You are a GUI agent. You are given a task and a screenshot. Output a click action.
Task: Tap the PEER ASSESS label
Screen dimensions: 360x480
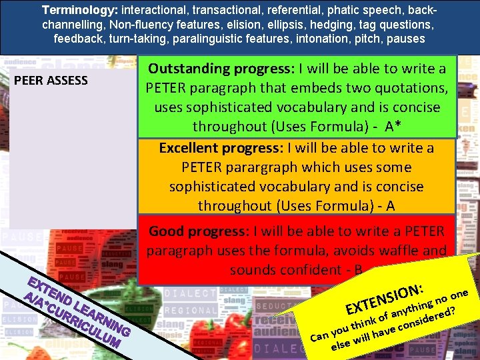point(51,81)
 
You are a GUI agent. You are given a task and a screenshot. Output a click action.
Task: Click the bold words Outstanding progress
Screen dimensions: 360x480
point(221,68)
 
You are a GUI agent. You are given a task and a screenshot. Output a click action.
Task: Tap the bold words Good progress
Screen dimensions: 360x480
point(197,231)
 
